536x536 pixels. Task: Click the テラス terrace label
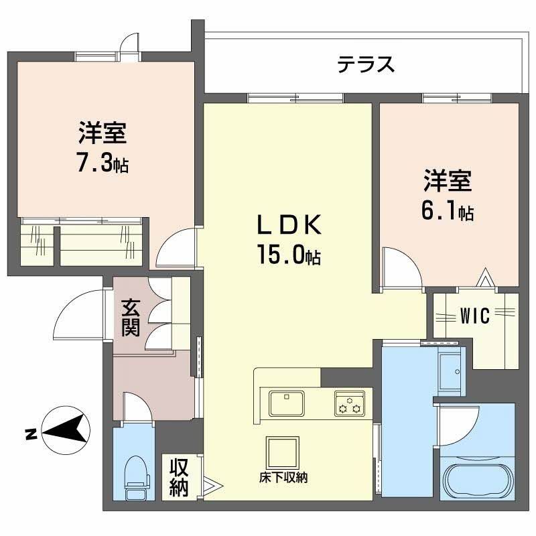pos(365,65)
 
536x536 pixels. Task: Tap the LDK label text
pos(287,226)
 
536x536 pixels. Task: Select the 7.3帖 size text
pos(102,163)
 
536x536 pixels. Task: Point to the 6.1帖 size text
pos(448,212)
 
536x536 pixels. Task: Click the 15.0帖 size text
pos(287,255)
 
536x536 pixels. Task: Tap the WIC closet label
pos(475,316)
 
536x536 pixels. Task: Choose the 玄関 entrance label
pos(131,318)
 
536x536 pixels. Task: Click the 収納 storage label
pos(178,478)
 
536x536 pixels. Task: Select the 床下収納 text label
pos(283,478)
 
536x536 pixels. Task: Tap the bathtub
pos(477,476)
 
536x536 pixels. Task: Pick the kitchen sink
pos(287,403)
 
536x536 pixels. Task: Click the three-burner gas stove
pos(349,404)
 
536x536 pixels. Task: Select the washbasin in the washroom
pos(448,368)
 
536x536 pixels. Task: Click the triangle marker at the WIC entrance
pos(484,276)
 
